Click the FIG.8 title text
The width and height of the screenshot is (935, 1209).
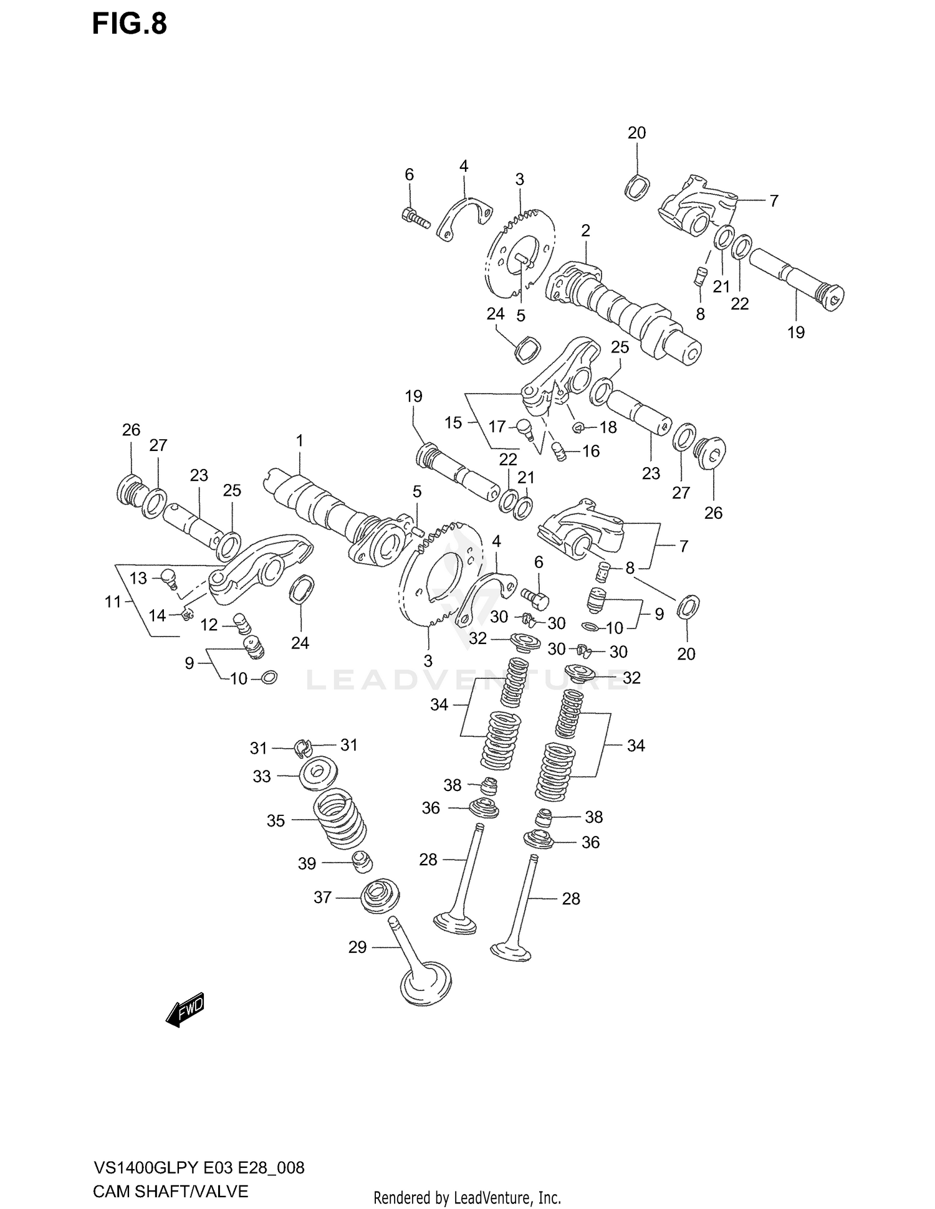130,25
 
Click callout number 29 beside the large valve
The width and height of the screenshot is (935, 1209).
357,947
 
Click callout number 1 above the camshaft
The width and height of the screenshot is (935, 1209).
299,441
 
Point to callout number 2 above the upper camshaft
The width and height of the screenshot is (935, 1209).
585,230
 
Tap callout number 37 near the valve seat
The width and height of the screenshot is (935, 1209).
322,898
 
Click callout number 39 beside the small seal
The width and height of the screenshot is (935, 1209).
307,863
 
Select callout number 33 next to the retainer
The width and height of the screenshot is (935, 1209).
262,776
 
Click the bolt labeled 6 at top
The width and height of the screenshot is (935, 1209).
416,217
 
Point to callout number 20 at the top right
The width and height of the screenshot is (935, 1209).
636,133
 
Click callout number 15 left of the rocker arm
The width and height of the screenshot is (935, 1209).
453,422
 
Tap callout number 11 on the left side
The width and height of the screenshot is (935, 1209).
113,602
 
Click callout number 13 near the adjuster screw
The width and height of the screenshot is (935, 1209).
138,578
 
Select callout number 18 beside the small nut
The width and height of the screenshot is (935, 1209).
608,427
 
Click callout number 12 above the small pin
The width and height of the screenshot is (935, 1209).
209,625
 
